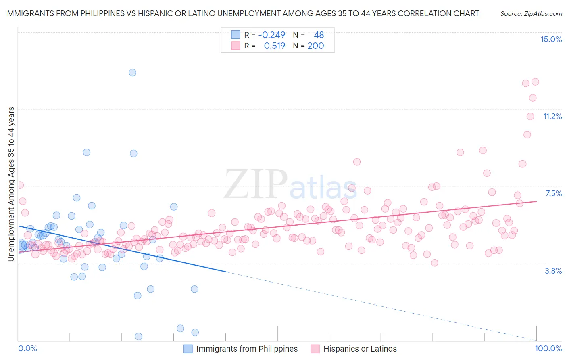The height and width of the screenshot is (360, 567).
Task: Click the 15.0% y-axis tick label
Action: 551,39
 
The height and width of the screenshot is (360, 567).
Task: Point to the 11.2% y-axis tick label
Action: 552,116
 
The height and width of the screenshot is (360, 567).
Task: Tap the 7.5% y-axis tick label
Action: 553,193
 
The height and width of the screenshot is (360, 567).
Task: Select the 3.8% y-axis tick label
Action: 553,271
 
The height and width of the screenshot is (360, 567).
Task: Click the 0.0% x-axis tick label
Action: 27,348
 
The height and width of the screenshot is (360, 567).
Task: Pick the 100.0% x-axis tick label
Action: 548,348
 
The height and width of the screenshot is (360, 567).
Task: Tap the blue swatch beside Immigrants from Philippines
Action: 188,349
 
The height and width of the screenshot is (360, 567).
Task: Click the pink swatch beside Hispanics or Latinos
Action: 315,349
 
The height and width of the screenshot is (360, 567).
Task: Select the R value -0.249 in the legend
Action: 271,35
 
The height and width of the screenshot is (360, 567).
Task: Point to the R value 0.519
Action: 274,46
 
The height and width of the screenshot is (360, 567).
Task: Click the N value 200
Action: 315,46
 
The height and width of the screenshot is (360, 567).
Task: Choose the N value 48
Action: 319,35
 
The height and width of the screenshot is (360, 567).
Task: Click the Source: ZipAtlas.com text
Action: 531,13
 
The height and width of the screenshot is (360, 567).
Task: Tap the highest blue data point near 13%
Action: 132,73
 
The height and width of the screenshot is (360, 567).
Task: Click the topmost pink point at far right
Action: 535,82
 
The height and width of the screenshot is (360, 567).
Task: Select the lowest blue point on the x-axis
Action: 138,337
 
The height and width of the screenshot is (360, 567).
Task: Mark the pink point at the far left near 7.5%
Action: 20,185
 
